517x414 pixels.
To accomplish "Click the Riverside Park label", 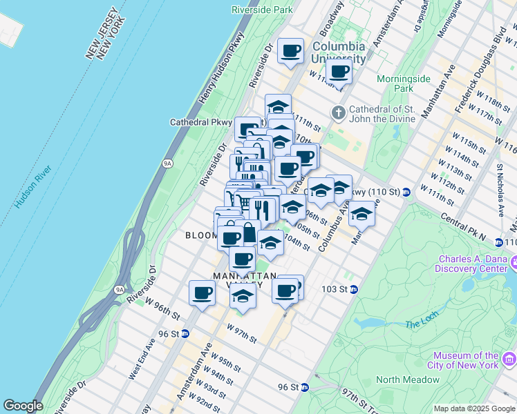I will click(262, 10).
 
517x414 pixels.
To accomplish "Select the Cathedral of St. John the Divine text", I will click(382, 113).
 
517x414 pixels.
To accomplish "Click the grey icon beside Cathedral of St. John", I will click(338, 112).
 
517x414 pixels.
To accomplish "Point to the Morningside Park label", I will click(404, 83).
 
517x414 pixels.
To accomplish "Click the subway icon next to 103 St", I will click(353, 288).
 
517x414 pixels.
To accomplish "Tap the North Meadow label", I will click(408, 379).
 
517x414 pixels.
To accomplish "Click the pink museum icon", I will click(509, 359).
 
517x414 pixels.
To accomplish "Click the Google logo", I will click(23, 406).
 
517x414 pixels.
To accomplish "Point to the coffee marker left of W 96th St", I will click(202, 293).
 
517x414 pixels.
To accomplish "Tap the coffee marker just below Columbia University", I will click(339, 71).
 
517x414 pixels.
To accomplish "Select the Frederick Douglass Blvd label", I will click(481, 70).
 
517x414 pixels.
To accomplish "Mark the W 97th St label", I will click(241, 335).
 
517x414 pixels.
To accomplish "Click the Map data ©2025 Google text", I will click(473, 408).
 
